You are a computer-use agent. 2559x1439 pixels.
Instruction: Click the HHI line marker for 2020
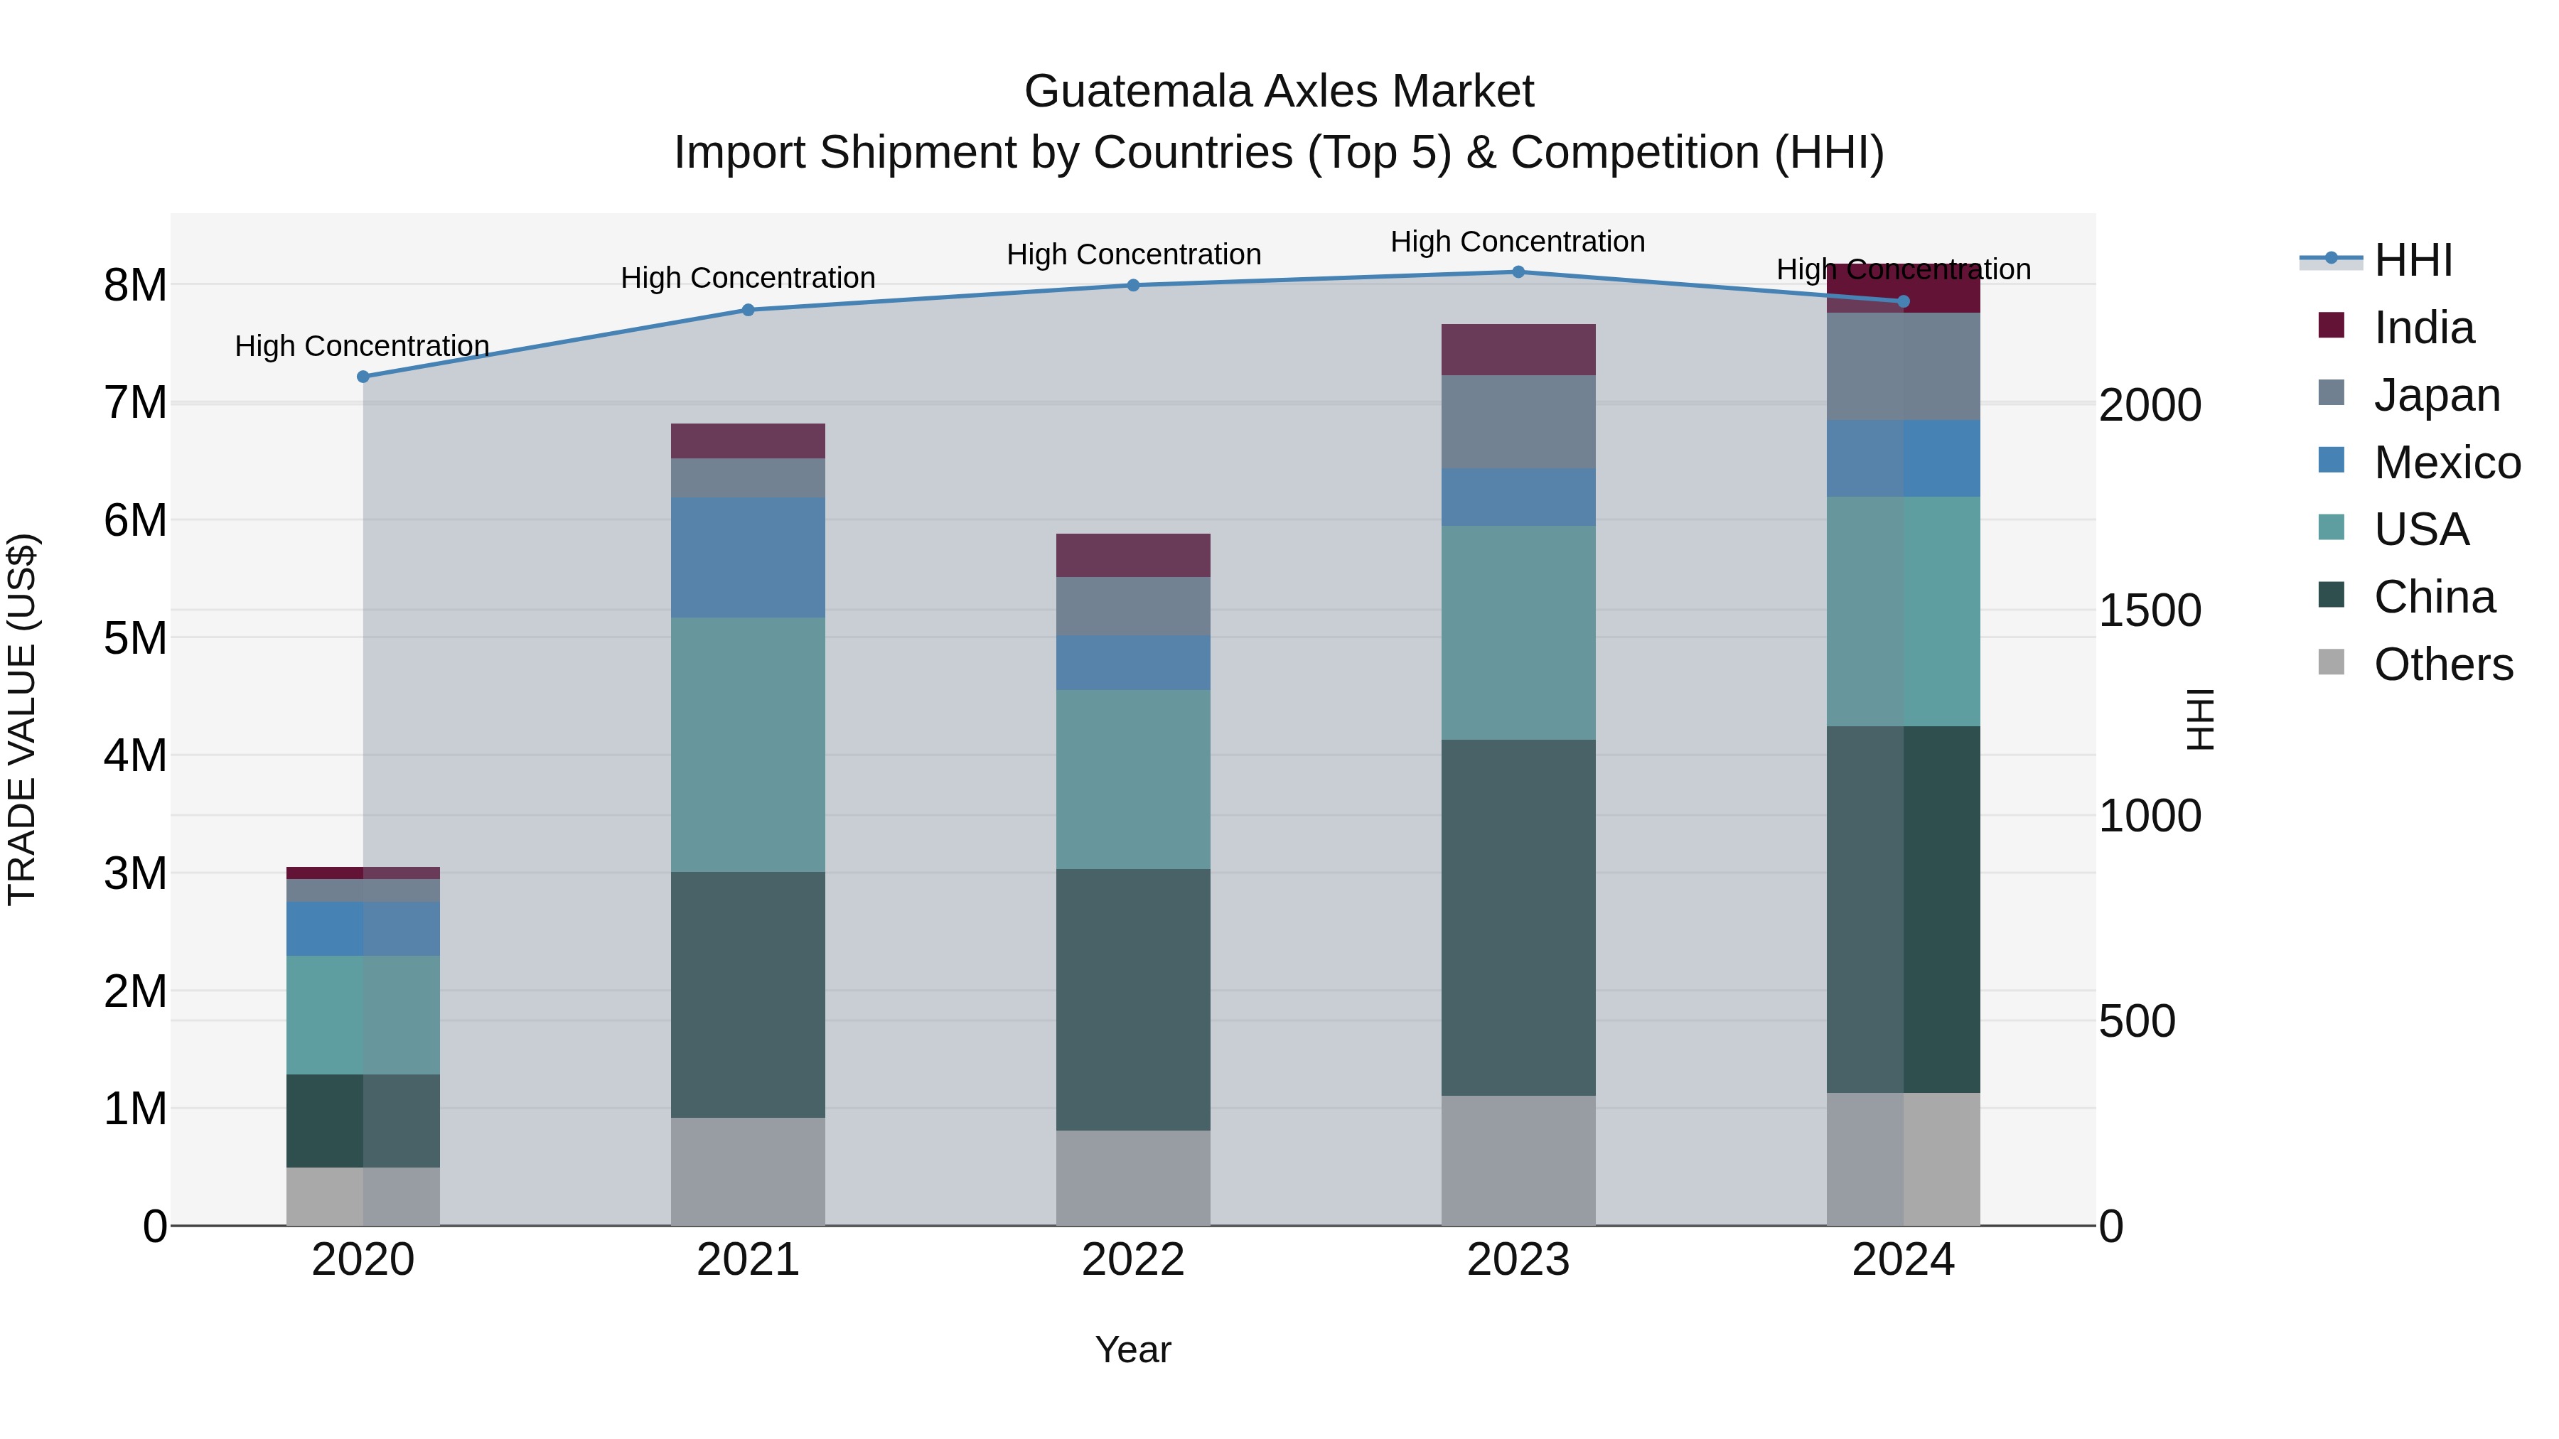coord(363,377)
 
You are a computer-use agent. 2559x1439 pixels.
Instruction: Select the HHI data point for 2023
coord(1518,272)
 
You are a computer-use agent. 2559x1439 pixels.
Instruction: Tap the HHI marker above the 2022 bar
coord(1134,285)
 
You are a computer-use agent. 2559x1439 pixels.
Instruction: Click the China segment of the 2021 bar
coord(748,994)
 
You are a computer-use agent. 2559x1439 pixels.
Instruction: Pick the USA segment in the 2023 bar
coord(1518,632)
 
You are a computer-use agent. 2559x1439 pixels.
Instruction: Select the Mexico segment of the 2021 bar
coord(748,557)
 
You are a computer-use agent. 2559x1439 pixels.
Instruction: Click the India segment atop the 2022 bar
coord(1134,555)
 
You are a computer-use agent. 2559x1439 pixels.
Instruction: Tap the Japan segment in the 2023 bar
coord(1518,422)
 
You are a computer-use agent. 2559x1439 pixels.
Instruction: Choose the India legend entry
coord(2423,328)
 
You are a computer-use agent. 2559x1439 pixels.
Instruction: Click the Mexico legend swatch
coord(2331,460)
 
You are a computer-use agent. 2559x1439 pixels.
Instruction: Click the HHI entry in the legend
coord(2413,260)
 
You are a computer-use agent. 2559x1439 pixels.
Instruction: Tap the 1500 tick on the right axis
coord(2150,610)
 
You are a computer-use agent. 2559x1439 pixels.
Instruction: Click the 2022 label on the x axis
coord(1134,1260)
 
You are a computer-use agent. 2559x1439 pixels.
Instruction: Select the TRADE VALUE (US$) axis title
coord(22,719)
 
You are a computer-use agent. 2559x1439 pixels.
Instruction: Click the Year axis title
coord(1134,1349)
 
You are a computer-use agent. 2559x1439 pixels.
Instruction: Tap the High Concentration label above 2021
coord(748,278)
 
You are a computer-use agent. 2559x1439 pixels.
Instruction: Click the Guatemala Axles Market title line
coord(1279,92)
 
